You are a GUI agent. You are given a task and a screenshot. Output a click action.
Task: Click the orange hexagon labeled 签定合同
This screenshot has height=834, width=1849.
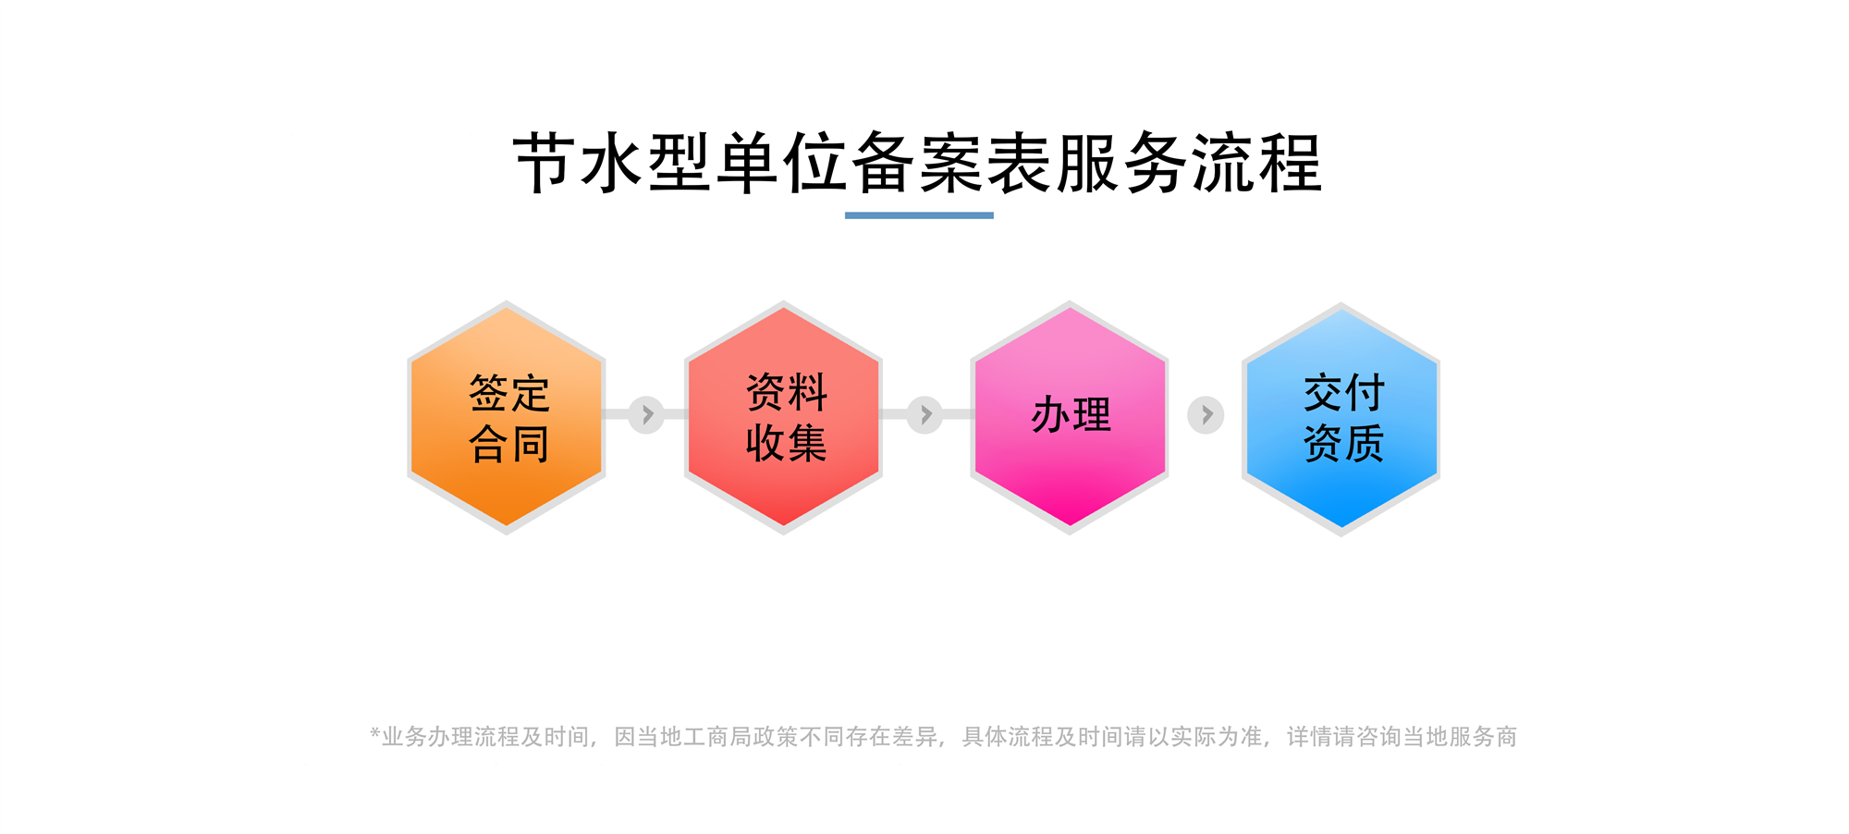[507, 417]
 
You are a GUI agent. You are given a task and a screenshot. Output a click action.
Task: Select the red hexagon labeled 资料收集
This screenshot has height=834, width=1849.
[783, 417]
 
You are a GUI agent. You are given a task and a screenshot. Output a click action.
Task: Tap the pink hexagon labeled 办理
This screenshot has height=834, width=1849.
[1070, 417]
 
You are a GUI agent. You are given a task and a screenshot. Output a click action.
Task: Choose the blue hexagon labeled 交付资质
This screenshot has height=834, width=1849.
[1341, 419]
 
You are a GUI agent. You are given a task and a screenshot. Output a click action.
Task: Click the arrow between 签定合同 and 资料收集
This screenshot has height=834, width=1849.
[646, 415]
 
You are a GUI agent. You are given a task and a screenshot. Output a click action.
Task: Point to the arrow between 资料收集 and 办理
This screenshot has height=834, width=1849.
[924, 415]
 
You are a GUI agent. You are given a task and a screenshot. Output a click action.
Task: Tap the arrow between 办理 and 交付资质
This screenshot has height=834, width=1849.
[1206, 415]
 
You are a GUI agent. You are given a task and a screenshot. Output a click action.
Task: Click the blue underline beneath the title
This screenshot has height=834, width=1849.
[919, 215]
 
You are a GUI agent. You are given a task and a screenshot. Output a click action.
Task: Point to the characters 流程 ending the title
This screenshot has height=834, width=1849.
[1257, 164]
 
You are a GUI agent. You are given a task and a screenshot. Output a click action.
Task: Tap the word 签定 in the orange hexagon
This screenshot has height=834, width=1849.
[509, 394]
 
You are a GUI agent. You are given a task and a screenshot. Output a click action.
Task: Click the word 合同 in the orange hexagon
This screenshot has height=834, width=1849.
[509, 444]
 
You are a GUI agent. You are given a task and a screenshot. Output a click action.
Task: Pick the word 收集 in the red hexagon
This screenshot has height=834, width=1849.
[787, 443]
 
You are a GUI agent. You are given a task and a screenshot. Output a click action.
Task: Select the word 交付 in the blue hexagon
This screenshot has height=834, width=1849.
[1344, 393]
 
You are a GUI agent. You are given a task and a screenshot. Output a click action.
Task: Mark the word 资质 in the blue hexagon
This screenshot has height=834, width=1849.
[1344, 443]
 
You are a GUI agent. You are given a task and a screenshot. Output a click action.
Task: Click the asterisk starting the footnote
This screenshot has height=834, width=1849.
[375, 734]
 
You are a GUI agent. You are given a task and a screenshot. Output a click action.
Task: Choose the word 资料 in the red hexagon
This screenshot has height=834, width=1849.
[787, 393]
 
